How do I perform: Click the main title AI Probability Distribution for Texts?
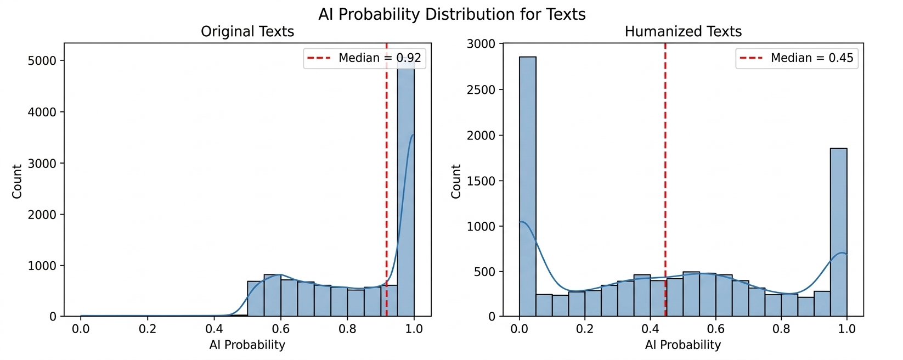[x=451, y=14]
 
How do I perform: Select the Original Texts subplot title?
[x=247, y=32]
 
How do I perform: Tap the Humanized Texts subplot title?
[x=682, y=32]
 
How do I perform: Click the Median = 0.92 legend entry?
[x=364, y=58]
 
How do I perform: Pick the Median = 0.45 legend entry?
[x=797, y=58]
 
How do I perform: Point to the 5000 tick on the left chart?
[x=42, y=61]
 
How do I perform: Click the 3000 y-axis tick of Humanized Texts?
[x=481, y=44]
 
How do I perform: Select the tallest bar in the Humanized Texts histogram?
[x=527, y=187]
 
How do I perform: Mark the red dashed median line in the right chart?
[x=665, y=165]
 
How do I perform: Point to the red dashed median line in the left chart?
[x=386, y=165]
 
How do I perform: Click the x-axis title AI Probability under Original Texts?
[x=247, y=345]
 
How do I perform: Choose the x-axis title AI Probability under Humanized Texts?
[x=682, y=345]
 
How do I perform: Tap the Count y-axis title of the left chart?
[x=17, y=181]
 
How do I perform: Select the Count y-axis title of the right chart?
[x=456, y=181]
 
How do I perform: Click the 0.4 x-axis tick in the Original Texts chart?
[x=214, y=329]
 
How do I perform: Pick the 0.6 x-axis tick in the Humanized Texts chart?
[x=715, y=329]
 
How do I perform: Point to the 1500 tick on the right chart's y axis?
[x=481, y=181]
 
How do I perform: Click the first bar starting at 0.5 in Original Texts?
[x=255, y=299]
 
